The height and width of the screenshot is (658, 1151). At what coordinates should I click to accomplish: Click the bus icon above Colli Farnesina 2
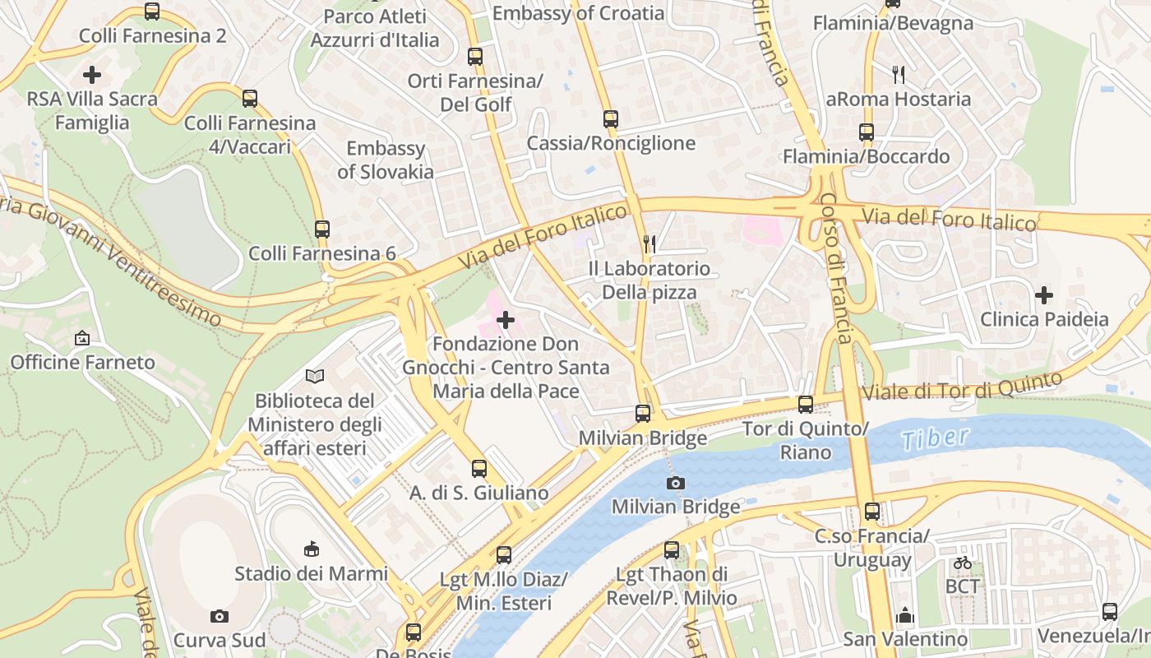point(152,12)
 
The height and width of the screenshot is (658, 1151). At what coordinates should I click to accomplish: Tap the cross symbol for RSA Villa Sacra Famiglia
point(92,75)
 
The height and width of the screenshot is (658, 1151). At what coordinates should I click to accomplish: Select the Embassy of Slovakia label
point(386,160)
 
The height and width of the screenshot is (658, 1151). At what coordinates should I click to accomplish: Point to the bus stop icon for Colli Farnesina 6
point(322,229)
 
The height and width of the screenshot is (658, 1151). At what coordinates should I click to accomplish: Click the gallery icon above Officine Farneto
point(82,338)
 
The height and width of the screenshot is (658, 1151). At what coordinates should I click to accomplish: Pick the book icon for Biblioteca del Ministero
point(315,377)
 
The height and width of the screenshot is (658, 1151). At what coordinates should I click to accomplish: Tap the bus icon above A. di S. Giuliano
point(479,469)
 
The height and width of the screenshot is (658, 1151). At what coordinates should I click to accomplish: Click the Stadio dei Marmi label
point(311,573)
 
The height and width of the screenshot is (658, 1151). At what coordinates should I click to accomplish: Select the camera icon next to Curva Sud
point(220,616)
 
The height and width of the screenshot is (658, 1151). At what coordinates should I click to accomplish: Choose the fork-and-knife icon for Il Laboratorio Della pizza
point(649,243)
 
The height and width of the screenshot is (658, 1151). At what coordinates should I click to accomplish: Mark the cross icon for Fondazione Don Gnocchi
point(506,319)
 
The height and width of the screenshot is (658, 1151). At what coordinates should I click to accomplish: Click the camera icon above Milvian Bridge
point(676,483)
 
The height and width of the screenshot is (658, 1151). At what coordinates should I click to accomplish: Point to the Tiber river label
point(936,438)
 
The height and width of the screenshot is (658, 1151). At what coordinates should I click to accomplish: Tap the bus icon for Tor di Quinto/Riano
point(806,405)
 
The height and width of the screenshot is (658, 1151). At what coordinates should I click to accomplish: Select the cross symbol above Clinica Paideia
point(1044,294)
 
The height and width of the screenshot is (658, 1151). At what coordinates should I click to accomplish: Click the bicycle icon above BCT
point(963,563)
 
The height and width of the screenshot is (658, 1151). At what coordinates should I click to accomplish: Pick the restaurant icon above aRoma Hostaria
point(899,75)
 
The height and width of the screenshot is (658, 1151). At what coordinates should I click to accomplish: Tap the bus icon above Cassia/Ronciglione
point(611,119)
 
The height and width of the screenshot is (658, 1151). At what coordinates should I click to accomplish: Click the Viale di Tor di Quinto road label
point(962,387)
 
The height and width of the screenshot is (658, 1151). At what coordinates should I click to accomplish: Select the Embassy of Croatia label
point(578,13)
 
